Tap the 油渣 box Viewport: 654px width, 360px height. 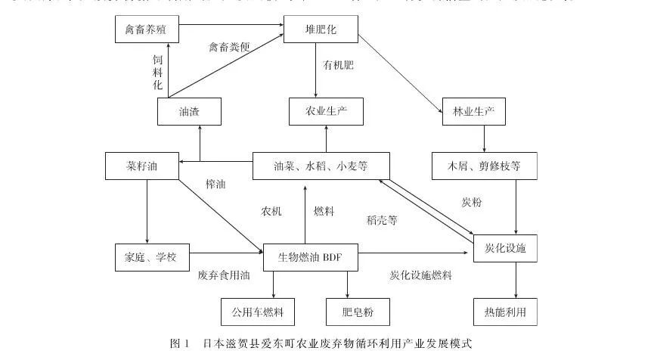(x=189, y=112)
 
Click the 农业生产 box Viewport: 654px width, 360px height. (x=326, y=112)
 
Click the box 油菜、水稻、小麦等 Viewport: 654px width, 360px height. (x=321, y=166)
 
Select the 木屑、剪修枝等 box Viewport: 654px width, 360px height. (x=485, y=166)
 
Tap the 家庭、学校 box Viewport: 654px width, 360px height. (x=146, y=257)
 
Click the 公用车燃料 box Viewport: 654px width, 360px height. (x=258, y=311)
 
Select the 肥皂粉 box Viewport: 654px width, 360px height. (x=348, y=311)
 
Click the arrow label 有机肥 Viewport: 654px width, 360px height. (x=338, y=65)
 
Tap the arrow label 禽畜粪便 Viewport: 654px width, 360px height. (x=229, y=47)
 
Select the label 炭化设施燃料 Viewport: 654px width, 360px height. (x=420, y=276)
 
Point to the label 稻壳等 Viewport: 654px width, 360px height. (x=382, y=221)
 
